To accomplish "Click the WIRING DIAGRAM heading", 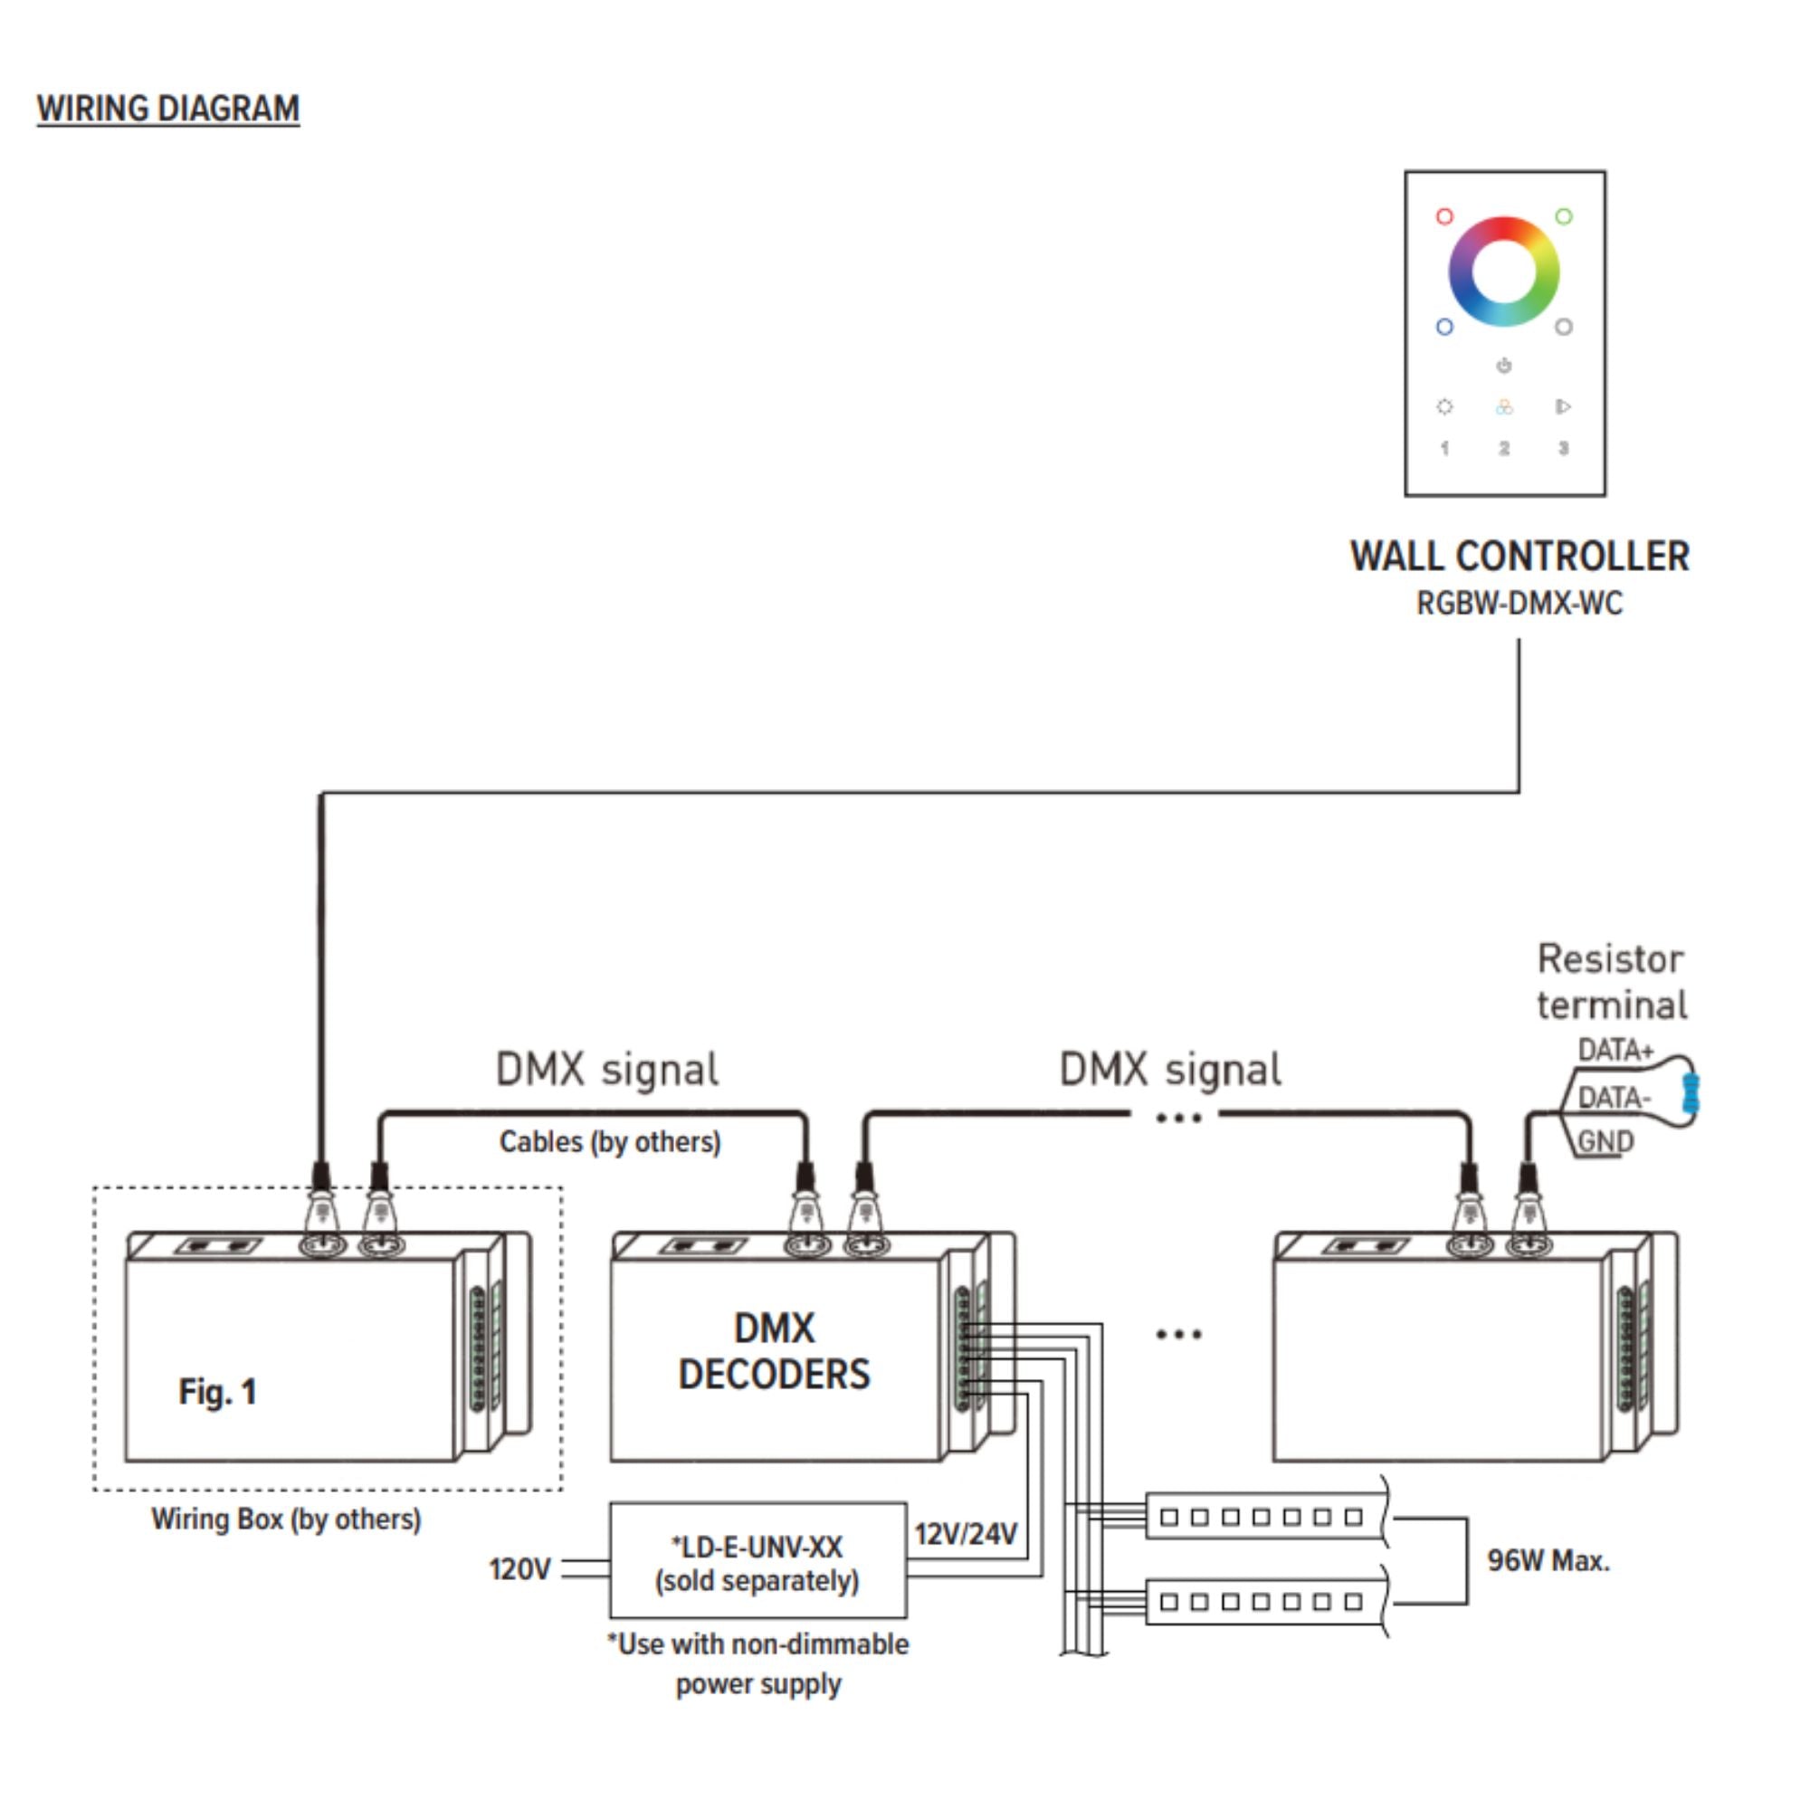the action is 168,109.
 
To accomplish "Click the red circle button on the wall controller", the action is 1444,216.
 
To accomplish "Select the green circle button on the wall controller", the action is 1564,216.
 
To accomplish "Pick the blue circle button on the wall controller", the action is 1444,327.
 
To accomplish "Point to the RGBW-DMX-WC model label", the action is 1519,604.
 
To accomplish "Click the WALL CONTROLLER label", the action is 1519,556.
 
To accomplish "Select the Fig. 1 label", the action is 217,1392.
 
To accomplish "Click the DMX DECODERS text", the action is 775,1351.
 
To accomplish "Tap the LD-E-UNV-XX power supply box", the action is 757,1561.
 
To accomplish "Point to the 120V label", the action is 520,1569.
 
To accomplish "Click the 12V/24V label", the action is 966,1535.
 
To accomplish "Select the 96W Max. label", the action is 1548,1561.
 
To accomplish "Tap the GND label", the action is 1605,1142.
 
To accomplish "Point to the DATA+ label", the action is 1615,1050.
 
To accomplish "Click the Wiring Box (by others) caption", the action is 287,1519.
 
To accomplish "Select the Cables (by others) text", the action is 610,1142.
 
